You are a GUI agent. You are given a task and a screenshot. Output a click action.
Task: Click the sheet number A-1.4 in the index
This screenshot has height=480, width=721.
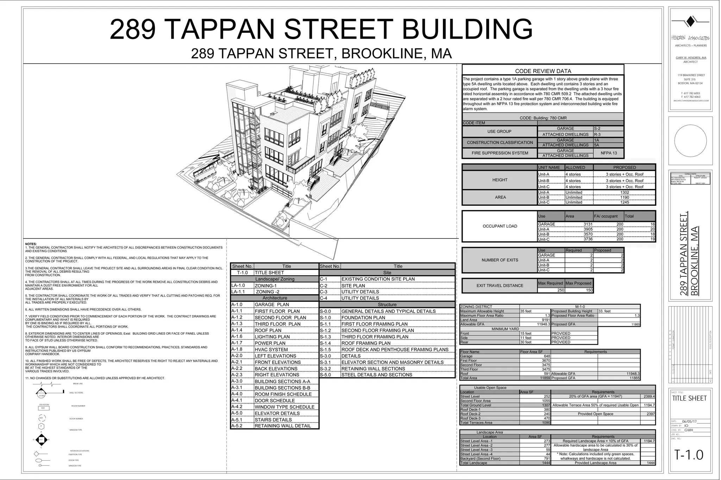click(237, 330)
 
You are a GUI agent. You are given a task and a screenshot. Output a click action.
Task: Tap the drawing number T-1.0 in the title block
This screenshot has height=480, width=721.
click(689, 455)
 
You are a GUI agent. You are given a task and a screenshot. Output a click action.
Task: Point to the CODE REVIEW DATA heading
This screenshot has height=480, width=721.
click(543, 71)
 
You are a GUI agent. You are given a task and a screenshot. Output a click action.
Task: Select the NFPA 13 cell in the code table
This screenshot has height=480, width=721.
click(608, 153)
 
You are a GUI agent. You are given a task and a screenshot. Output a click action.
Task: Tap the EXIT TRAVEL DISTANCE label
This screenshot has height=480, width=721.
click(500, 286)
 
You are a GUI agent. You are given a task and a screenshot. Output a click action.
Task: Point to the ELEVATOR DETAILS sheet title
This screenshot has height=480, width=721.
click(277, 413)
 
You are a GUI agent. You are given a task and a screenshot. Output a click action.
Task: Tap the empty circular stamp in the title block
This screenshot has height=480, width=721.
click(690, 141)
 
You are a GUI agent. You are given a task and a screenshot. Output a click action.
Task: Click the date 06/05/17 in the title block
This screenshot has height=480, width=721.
click(689, 421)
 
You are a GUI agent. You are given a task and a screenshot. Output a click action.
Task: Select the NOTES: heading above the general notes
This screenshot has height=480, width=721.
click(31, 244)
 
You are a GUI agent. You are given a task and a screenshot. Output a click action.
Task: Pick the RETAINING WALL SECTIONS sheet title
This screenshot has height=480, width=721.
click(373, 369)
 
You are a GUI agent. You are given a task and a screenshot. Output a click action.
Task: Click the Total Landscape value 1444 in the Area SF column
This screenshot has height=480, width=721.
click(546, 463)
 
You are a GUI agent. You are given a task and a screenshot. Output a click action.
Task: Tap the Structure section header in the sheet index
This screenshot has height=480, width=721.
click(387, 305)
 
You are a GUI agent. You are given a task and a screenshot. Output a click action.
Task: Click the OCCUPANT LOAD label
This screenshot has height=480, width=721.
click(500, 226)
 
